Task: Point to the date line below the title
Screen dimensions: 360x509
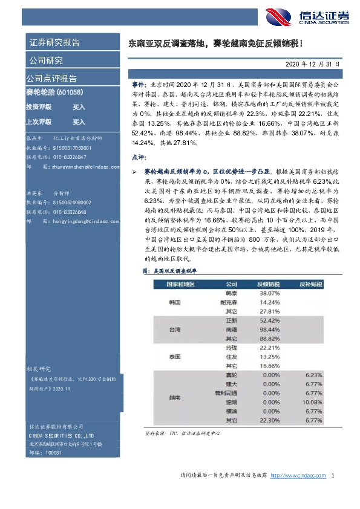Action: coord(315,63)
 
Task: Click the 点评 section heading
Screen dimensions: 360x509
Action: coord(138,157)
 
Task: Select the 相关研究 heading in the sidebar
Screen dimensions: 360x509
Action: coord(39,368)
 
